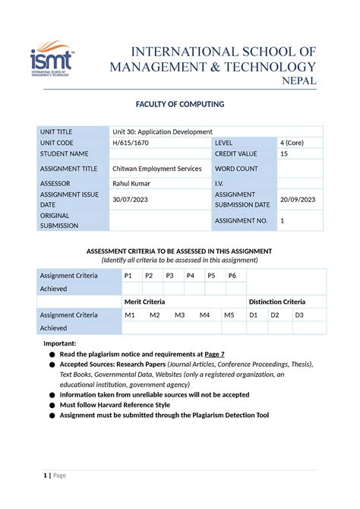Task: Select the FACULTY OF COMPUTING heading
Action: click(x=179, y=103)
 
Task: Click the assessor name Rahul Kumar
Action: click(x=132, y=183)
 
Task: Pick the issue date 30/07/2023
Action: click(x=132, y=200)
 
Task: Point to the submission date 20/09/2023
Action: click(x=297, y=200)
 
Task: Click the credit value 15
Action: click(x=284, y=153)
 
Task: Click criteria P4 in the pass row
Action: click(x=191, y=276)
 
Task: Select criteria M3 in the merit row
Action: click(x=179, y=315)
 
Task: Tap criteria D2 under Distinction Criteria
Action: click(x=275, y=315)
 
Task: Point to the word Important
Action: click(x=60, y=343)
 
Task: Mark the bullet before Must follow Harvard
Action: click(x=51, y=405)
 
